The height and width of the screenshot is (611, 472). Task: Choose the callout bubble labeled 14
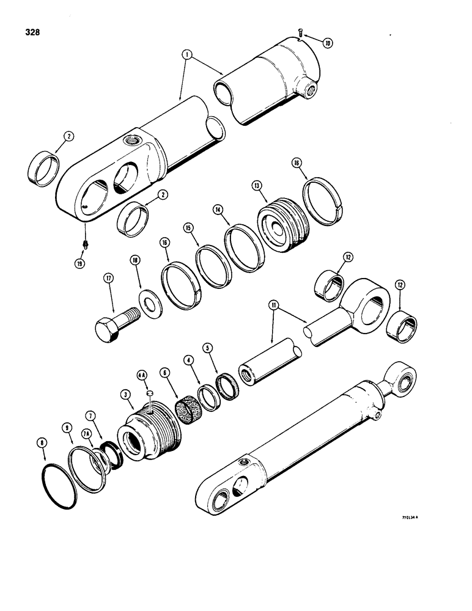[216, 209]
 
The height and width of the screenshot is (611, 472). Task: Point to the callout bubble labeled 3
[127, 397]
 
